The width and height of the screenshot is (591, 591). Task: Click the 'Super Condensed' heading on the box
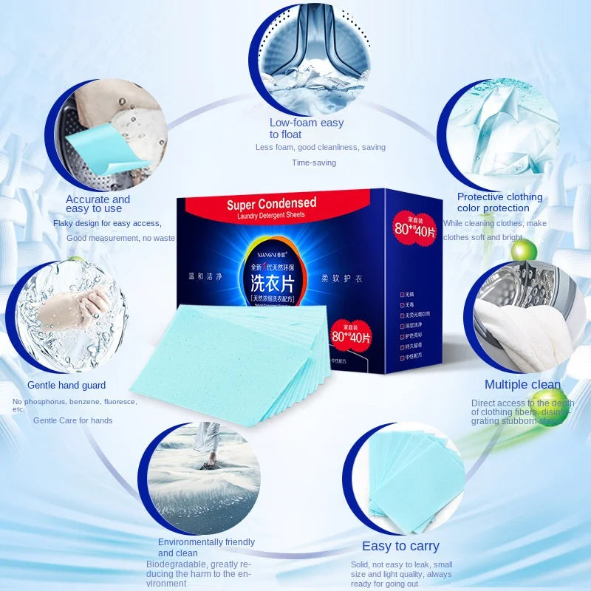[x=271, y=203]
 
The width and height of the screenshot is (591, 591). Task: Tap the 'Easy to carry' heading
[x=400, y=546]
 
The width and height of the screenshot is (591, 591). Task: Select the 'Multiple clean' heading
[x=522, y=384]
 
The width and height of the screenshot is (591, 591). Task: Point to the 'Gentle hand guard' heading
[x=66, y=385]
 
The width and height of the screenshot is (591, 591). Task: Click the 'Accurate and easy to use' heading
[x=98, y=204]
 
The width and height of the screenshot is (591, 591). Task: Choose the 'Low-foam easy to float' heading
[x=306, y=129]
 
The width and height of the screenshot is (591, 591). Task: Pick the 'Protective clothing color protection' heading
[x=499, y=202]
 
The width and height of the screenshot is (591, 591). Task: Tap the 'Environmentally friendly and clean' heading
[x=206, y=547]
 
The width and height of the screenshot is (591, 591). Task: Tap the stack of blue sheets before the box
[x=229, y=362]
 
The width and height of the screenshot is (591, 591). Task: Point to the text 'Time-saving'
[x=313, y=163]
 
